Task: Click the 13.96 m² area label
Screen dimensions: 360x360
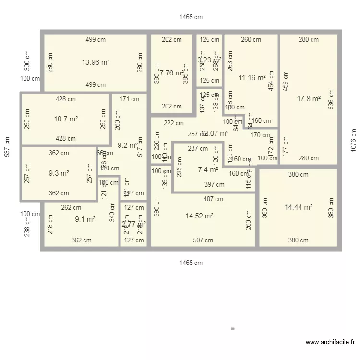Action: click(96, 62)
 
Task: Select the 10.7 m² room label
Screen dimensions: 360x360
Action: click(66, 119)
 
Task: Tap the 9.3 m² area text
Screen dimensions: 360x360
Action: click(58, 173)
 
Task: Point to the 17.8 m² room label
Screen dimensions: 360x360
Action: click(309, 99)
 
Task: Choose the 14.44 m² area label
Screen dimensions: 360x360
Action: click(299, 207)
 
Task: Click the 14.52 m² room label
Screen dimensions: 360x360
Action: click(199, 216)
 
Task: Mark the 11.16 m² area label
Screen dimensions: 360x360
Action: click(252, 77)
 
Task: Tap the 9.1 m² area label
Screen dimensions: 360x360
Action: click(85, 219)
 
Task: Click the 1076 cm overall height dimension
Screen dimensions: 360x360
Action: click(354, 140)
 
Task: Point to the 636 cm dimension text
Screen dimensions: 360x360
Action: click(331, 99)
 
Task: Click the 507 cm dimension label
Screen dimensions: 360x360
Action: click(203, 240)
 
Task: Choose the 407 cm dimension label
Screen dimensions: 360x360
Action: click(213, 199)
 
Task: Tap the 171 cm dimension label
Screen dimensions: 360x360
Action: click(129, 99)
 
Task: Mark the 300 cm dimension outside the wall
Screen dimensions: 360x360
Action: click(27, 61)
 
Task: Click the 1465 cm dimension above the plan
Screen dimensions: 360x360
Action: click(191, 17)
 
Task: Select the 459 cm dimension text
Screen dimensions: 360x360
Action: click(286, 81)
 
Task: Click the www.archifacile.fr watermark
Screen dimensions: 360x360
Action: click(330, 342)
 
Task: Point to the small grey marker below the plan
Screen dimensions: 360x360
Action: click(233, 329)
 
